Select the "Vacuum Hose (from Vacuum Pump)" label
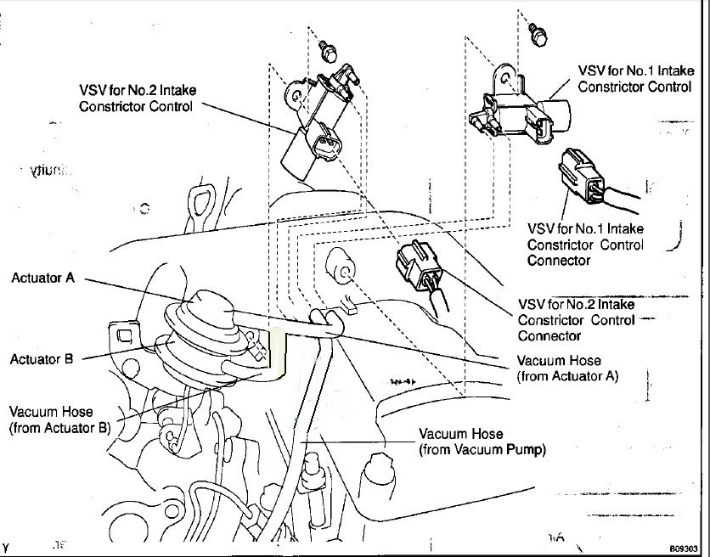click(x=482, y=441)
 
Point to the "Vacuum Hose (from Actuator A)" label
click(x=566, y=367)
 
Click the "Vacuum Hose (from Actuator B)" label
click(x=59, y=420)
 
